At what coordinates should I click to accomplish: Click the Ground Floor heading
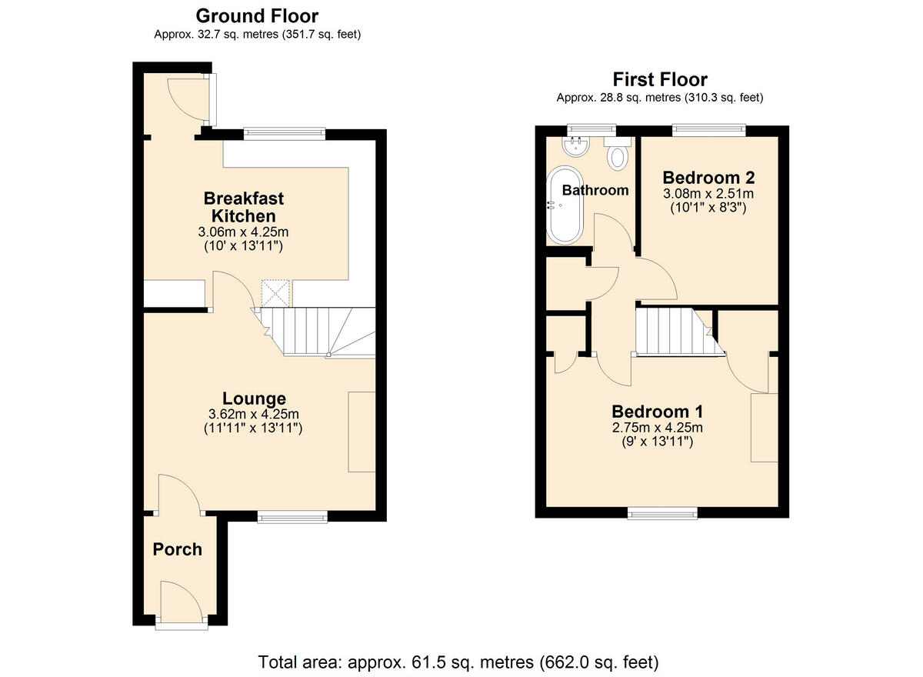257,15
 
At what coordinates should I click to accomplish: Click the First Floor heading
659,78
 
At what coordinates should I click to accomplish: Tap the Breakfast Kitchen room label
244,207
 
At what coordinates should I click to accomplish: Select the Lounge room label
254,398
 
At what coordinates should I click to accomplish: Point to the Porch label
177,549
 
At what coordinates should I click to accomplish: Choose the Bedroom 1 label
657,411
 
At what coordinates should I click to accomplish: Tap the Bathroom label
595,190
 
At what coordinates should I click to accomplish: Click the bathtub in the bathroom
565,205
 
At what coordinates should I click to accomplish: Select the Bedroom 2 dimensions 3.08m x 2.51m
708,193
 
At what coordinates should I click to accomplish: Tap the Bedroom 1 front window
663,513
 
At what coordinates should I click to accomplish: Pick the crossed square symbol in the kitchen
275,292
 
